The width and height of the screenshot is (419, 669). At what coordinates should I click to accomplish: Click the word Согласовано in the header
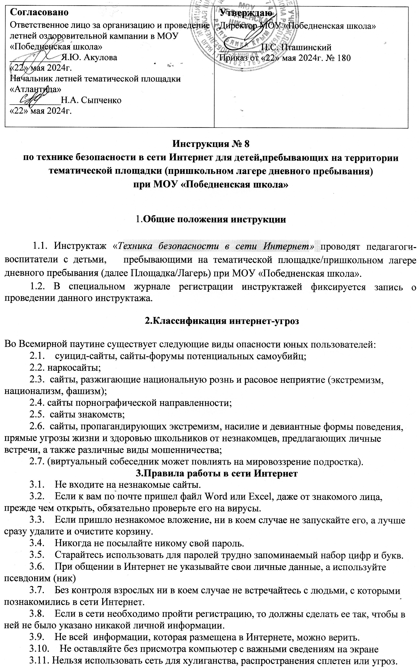pos(39,13)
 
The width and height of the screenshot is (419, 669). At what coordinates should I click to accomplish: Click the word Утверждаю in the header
pos(246,13)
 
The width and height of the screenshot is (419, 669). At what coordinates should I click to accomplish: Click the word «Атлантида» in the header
pos(35,89)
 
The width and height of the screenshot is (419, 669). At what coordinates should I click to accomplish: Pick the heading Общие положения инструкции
pos(215,219)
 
